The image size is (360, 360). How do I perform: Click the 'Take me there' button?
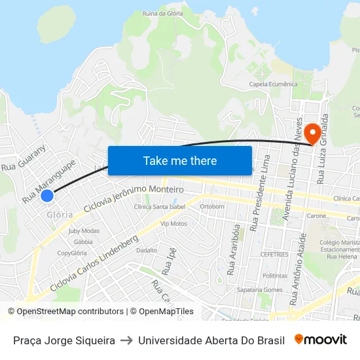click(180, 160)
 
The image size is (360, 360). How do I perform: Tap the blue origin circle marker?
click(46, 195)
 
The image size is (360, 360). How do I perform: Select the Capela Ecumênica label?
click(273, 84)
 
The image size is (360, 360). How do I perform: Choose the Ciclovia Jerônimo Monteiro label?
click(134, 198)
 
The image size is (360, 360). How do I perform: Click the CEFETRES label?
click(274, 254)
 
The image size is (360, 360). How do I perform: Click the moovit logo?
click(321, 340)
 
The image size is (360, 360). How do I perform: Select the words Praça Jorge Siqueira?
click(64, 340)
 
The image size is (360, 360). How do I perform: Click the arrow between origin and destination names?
click(127, 340)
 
